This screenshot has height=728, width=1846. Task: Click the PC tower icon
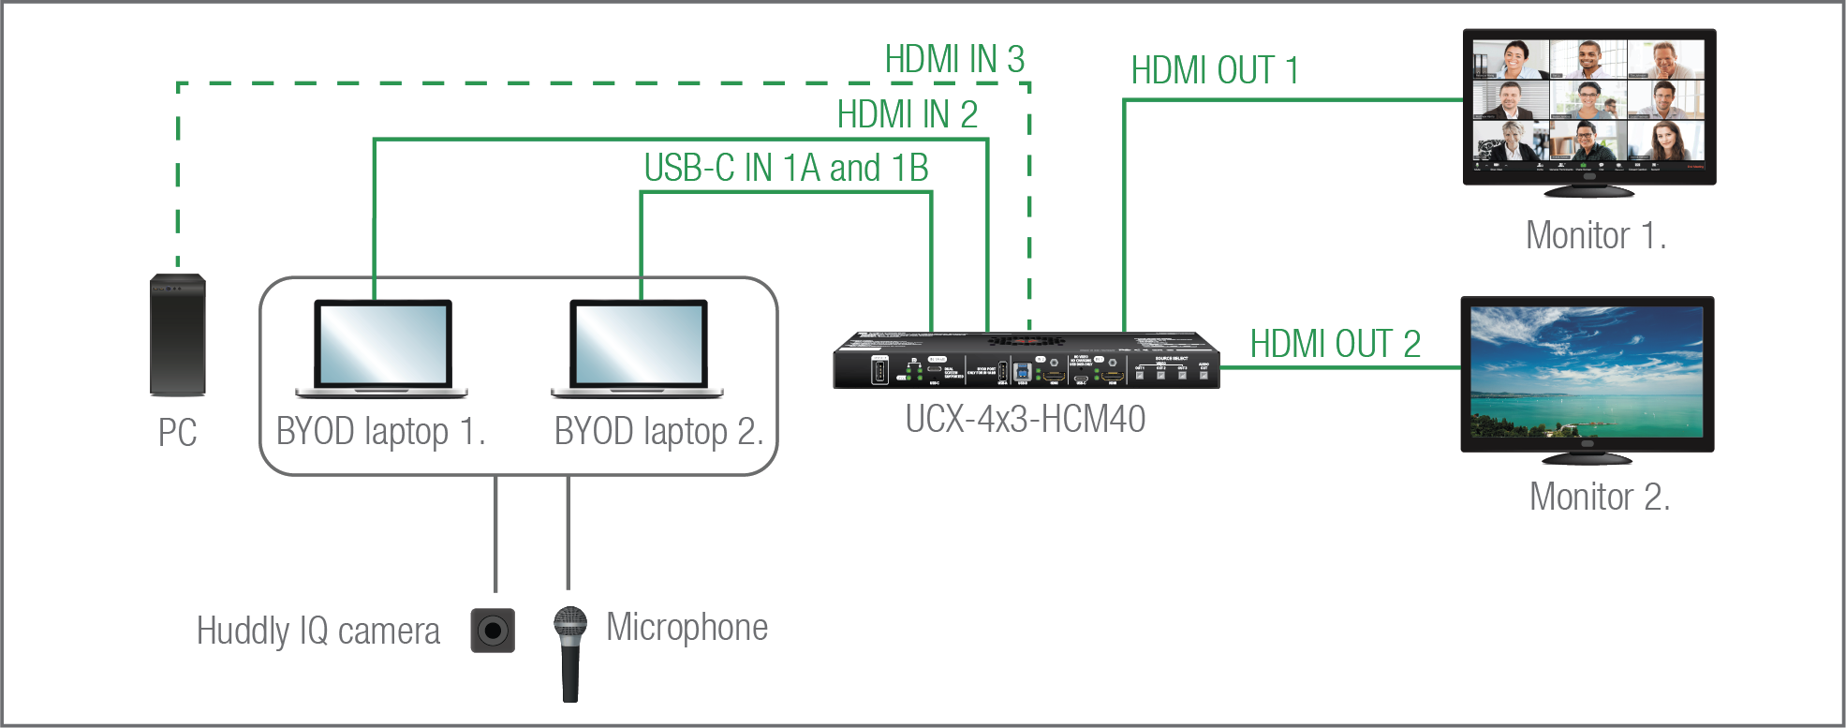[x=178, y=334]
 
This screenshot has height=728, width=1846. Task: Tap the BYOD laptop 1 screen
[x=382, y=343]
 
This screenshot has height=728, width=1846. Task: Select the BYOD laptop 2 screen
[x=639, y=343]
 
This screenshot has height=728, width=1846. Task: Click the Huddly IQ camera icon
[x=493, y=631]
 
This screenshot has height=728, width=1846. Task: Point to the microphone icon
[x=569, y=653]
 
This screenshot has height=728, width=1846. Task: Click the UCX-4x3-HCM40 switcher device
[x=1026, y=361]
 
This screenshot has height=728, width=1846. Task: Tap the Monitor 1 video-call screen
[x=1588, y=106]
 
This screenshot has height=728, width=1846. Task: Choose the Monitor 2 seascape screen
[x=1587, y=373]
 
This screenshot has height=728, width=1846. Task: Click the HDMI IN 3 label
[x=954, y=60]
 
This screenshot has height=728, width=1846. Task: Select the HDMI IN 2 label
[x=907, y=115]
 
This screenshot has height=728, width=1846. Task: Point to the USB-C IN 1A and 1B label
[x=786, y=169]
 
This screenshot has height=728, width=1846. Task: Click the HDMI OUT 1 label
[x=1215, y=71]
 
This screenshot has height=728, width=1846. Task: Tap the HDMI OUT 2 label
[x=1335, y=345]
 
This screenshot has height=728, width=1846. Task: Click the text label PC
[x=177, y=433]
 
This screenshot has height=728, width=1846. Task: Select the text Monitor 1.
[x=1595, y=236]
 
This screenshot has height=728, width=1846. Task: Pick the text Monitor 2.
[x=1599, y=498]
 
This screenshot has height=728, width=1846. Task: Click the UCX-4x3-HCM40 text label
[x=1025, y=420]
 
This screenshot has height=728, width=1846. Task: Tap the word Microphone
[x=687, y=628]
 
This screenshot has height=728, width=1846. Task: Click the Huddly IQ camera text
[x=318, y=631]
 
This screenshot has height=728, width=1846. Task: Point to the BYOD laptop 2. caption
[x=658, y=432]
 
